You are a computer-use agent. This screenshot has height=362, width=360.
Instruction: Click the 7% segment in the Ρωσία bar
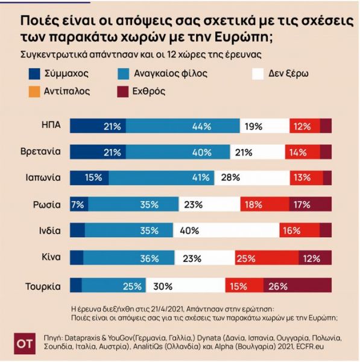[76, 204]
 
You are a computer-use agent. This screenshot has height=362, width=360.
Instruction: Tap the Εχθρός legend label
[147, 92]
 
